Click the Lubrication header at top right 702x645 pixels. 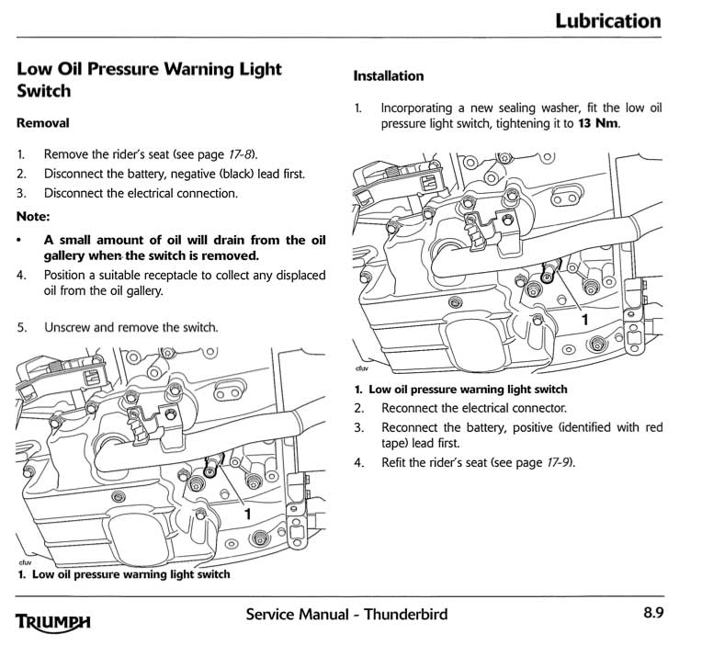[x=607, y=20]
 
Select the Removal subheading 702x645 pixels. [x=42, y=122]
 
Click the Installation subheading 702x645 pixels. [x=389, y=76]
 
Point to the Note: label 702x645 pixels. [x=33, y=217]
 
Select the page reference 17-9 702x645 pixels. [x=557, y=462]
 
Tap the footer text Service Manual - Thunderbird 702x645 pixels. [x=347, y=614]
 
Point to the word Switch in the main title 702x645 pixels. [x=44, y=92]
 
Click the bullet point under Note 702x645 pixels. [x=21, y=240]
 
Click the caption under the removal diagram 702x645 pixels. [x=123, y=575]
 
